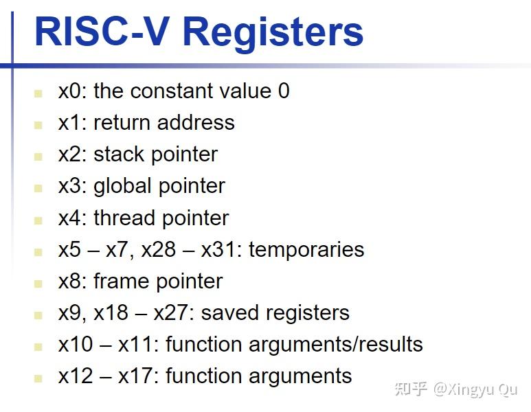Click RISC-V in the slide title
click(102, 31)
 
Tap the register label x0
click(70, 91)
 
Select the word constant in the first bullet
click(172, 91)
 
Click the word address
click(196, 122)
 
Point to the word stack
click(119, 154)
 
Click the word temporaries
click(306, 250)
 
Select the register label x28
click(159, 250)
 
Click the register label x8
click(70, 282)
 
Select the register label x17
click(135, 376)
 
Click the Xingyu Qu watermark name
click(475, 390)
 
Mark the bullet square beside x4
click(38, 220)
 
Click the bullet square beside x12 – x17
click(38, 378)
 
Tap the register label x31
click(218, 250)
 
